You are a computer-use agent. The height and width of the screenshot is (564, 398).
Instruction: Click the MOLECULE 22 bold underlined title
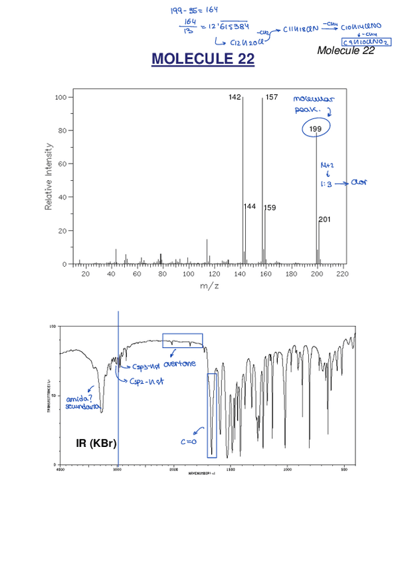pyautogui.click(x=203, y=59)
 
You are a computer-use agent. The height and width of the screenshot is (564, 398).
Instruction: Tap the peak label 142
pyautogui.click(x=235, y=97)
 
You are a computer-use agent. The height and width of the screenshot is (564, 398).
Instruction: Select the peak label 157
pyautogui.click(x=271, y=97)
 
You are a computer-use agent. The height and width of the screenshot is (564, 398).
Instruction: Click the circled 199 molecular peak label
pyautogui.click(x=316, y=128)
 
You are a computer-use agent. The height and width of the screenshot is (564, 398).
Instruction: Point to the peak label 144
pyautogui.click(x=250, y=207)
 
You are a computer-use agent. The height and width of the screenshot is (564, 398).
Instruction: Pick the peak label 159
pyautogui.click(x=270, y=208)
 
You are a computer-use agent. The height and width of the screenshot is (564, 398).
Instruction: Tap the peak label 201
pyautogui.click(x=324, y=219)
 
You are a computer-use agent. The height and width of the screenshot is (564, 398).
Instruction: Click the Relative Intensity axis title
pyautogui.click(x=49, y=176)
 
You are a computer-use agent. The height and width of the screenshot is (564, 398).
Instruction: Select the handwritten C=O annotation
pyautogui.click(x=189, y=441)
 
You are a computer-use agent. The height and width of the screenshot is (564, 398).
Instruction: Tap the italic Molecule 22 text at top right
pyautogui.click(x=346, y=51)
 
